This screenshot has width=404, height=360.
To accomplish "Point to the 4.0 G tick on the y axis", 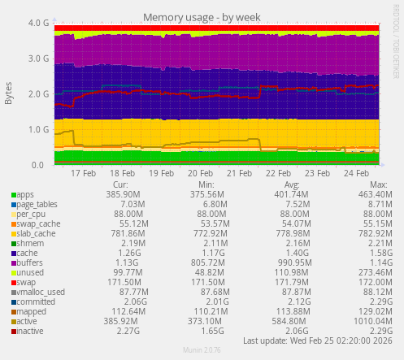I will pos(37,24).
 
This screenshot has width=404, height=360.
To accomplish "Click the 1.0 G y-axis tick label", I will pos(37,129).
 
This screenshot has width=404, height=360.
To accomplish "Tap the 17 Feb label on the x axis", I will pos(84,173).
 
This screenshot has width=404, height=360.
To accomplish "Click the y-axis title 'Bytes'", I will pos(9,93).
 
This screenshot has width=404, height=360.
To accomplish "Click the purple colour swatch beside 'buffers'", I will pos(13,263).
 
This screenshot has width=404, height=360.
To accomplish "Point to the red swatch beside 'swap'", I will pos(13,283).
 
